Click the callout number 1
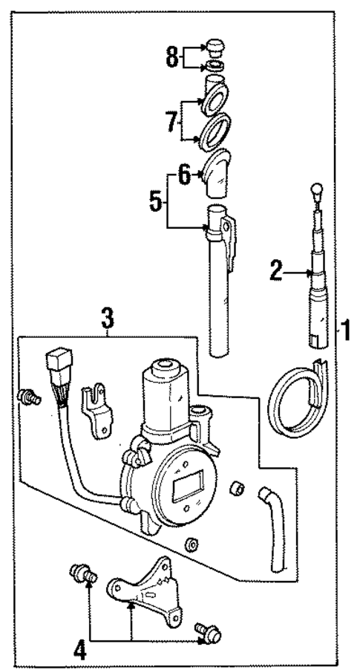coord(345,328)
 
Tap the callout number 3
coord(108,320)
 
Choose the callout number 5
coord(155,201)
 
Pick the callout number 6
coord(182,175)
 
